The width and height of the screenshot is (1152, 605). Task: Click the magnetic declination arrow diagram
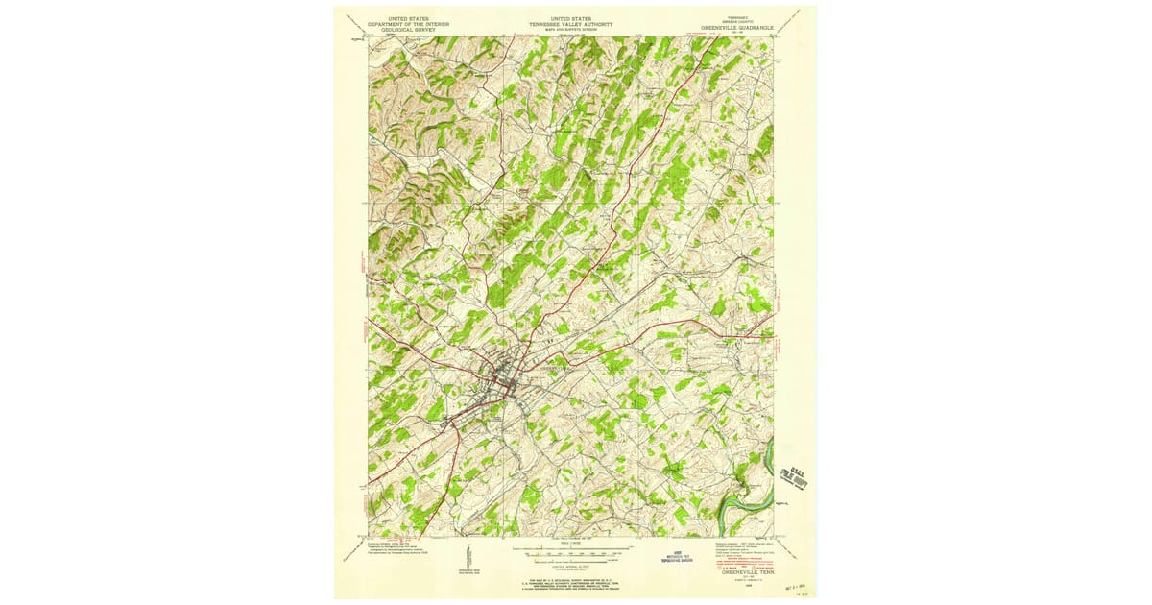coord(468,557)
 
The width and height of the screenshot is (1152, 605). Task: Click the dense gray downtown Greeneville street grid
coord(502,384)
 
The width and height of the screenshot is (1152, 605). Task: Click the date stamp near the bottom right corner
coord(796,582)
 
